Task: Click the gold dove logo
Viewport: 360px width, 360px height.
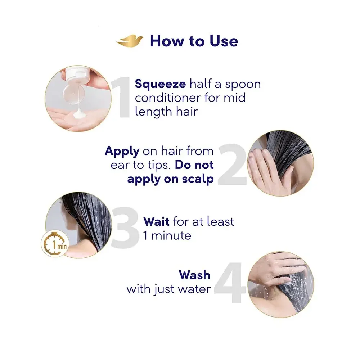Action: (130, 41)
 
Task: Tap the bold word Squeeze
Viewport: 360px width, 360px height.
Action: (160, 84)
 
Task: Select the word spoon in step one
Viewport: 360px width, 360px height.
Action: (243, 85)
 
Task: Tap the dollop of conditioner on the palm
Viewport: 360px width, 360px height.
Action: (80, 114)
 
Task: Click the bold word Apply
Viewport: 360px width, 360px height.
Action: (122, 152)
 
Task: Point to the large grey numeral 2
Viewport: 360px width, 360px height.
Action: (232, 165)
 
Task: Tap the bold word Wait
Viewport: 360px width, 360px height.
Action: (156, 221)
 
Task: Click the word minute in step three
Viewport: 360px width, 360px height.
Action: (171, 235)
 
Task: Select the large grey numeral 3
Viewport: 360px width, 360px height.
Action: (125, 227)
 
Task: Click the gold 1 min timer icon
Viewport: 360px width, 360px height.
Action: (55, 244)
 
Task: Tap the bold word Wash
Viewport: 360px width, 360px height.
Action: (194, 275)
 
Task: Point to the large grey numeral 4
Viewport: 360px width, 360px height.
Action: (230, 283)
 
